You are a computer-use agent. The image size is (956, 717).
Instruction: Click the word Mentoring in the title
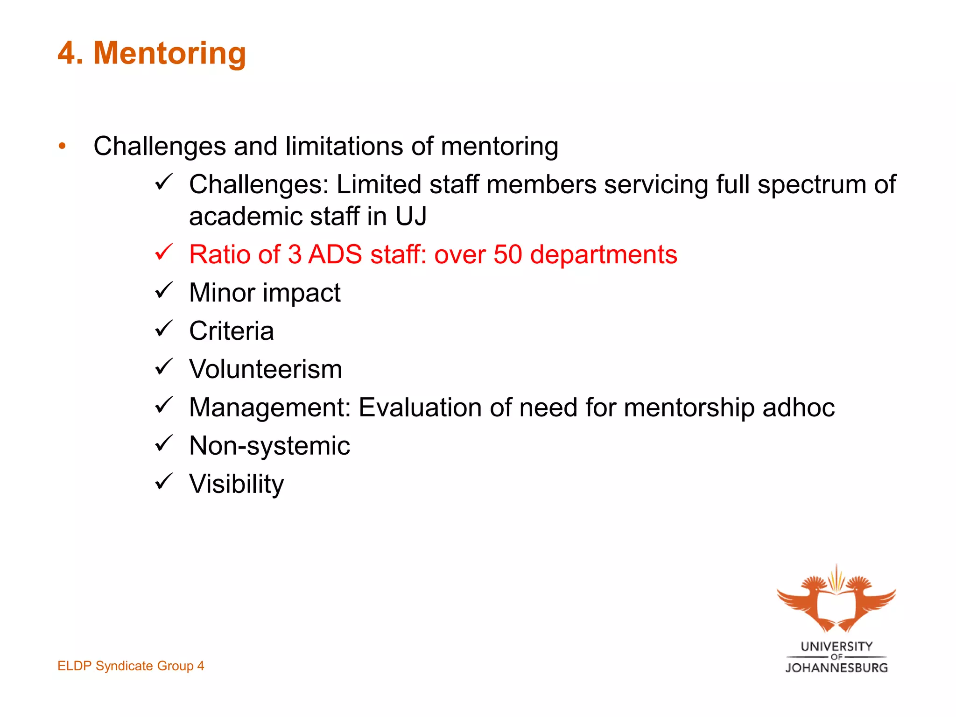coord(170,54)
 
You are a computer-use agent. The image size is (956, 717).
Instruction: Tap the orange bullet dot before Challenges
coord(63,146)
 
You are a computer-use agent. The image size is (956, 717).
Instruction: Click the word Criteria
coord(231,331)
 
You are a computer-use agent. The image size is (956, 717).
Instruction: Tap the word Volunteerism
coord(266,370)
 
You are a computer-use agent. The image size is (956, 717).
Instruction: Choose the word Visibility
coord(236,484)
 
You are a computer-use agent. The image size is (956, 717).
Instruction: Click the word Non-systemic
coord(269,446)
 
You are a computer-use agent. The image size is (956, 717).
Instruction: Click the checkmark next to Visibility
coord(164,482)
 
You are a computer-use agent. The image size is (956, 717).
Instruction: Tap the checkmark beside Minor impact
coord(164,291)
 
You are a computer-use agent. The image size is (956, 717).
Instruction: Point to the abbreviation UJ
coord(411,217)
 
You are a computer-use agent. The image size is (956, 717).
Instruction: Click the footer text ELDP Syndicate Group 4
coord(131,666)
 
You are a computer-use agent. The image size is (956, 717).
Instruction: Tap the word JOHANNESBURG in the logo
coord(836,668)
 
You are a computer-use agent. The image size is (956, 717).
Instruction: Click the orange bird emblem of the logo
coord(836,600)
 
